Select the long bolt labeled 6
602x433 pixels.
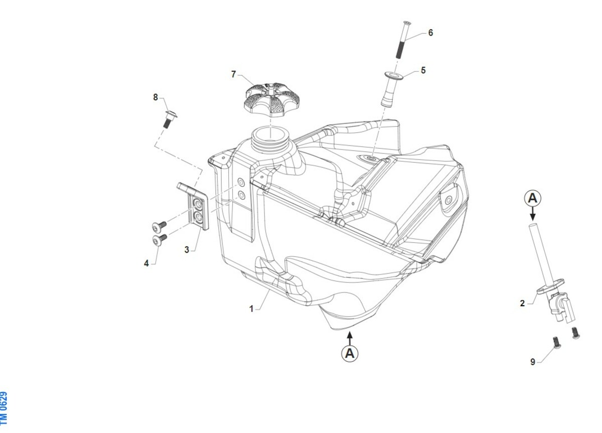pyautogui.click(x=402, y=40)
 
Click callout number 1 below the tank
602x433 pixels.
pyautogui.click(x=251, y=309)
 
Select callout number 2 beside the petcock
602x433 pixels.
pyautogui.click(x=522, y=304)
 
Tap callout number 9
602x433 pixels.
pyautogui.click(x=533, y=362)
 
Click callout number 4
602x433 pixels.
pyautogui.click(x=146, y=263)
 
